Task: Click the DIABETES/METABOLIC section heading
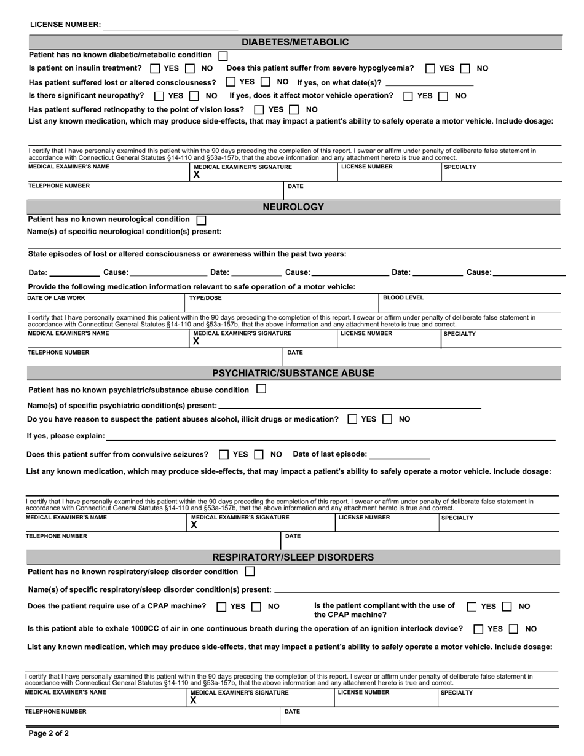[x=294, y=42]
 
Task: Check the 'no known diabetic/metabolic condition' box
[x=223, y=55]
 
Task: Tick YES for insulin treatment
[x=155, y=69]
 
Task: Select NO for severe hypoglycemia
[x=466, y=69]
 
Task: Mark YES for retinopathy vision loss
[x=259, y=109]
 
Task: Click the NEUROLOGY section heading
[x=293, y=207]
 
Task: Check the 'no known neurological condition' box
[x=201, y=219]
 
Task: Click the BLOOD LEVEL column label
[x=403, y=298]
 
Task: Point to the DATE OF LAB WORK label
[x=57, y=298]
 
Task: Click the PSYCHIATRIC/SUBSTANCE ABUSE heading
[x=293, y=373]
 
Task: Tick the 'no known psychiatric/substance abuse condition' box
[x=261, y=389]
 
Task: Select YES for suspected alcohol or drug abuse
[x=353, y=419]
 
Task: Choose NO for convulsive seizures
[x=259, y=455]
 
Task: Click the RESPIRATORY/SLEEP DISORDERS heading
[x=293, y=557]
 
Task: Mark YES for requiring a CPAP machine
[x=222, y=607]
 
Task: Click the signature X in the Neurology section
[x=196, y=341]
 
